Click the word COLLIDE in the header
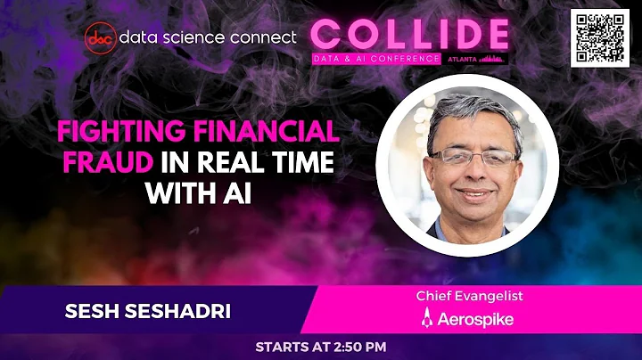[410, 34]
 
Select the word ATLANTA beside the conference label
[461, 59]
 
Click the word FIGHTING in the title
[118, 133]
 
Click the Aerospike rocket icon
[427, 318]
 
